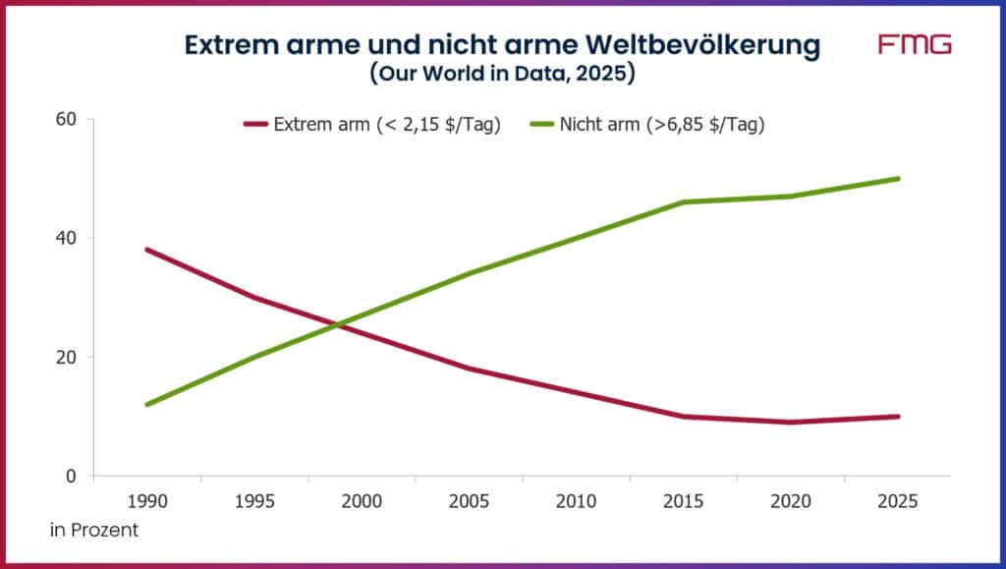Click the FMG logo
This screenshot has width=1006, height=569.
(x=915, y=44)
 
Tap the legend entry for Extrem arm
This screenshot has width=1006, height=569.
(x=372, y=124)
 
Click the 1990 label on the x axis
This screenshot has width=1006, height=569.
(x=147, y=501)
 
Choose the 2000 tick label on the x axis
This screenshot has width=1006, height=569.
(x=362, y=501)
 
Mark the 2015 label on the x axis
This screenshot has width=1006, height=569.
(x=683, y=501)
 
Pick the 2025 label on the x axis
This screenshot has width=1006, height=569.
(x=897, y=501)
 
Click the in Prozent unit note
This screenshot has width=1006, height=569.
(x=94, y=531)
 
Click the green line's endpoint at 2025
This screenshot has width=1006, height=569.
(x=897, y=179)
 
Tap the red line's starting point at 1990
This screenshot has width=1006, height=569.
(x=147, y=250)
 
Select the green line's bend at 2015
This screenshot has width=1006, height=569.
(x=683, y=202)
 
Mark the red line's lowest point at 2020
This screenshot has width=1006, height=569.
(x=790, y=423)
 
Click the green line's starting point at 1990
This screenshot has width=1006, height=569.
(x=147, y=404)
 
